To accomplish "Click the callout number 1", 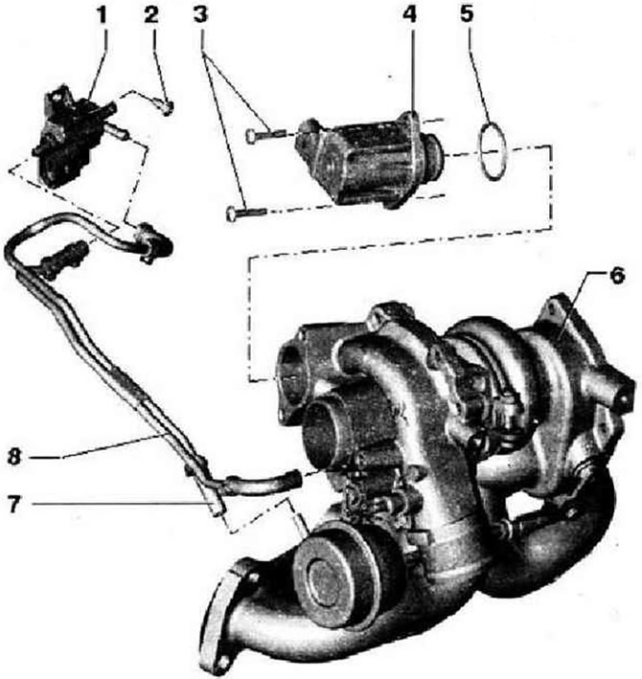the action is [102, 15].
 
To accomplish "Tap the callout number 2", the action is [151, 15].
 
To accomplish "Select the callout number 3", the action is [200, 14].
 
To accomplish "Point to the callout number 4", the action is [409, 14].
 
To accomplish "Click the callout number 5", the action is [467, 13].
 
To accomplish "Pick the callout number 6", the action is [617, 276].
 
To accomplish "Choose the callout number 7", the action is [14, 504].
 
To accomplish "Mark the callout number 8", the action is [14, 457].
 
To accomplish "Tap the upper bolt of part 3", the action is [265, 135].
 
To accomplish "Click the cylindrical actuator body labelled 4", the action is [368, 158].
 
